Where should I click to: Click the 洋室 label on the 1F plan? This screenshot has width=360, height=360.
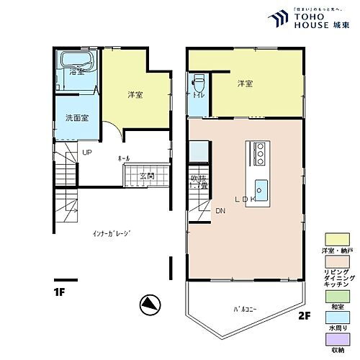tap(135, 95)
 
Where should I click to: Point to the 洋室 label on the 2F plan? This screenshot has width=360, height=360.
tap(245, 84)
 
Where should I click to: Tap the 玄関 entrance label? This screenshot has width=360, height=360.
tap(147, 176)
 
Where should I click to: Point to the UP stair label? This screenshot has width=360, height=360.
tap(86, 153)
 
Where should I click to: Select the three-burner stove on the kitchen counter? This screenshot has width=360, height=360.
tap(260, 152)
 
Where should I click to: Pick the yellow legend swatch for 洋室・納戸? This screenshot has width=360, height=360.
tap(335, 238)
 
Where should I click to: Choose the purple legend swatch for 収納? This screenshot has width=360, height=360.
tap(335, 341)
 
